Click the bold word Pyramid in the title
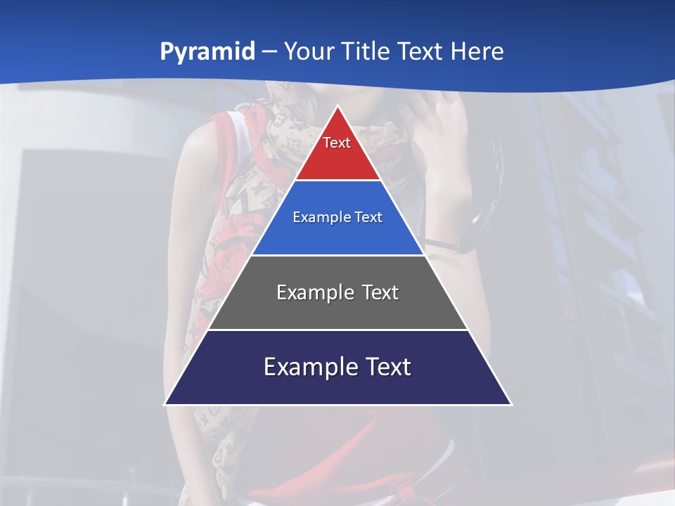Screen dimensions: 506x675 (x=207, y=52)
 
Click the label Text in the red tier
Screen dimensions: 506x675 (x=337, y=143)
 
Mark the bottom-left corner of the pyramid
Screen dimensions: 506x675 (x=165, y=404)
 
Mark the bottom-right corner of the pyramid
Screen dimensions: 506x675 (x=510, y=404)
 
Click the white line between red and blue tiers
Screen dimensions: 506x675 (x=337, y=181)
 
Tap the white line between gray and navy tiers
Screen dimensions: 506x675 (x=337, y=330)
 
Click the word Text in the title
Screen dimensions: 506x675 (x=422, y=52)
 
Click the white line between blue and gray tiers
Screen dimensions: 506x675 (x=337, y=255)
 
